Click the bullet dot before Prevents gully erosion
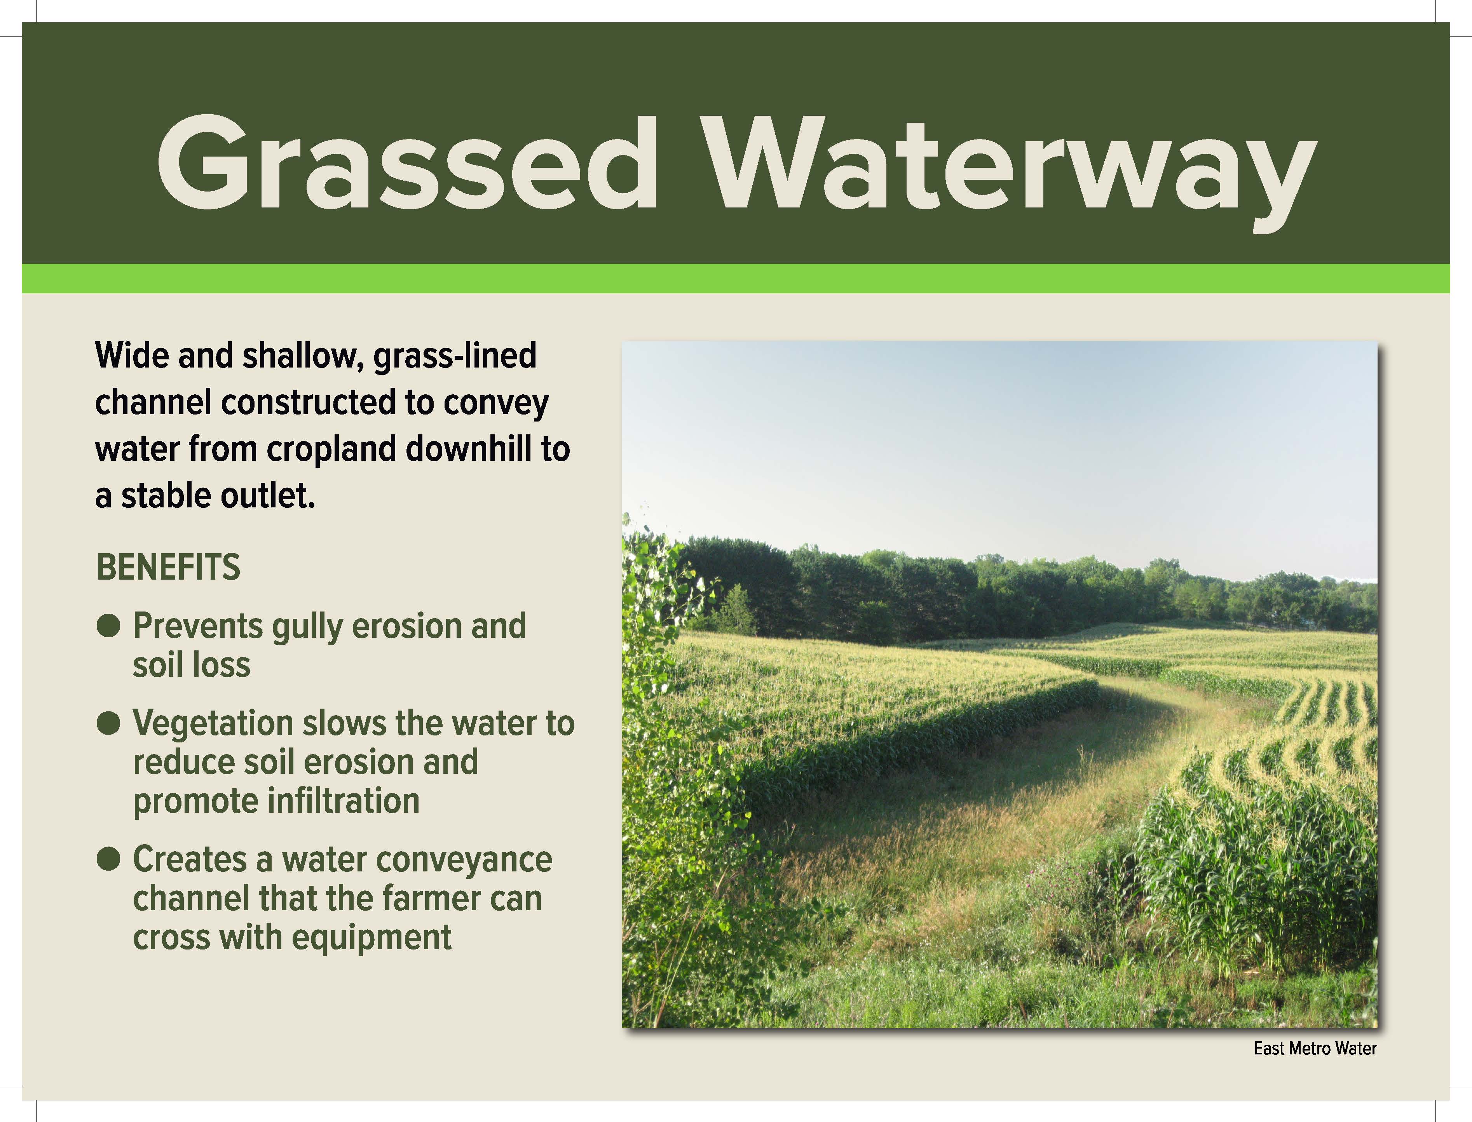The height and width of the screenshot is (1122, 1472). pos(108,626)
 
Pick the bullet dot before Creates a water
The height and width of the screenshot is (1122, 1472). pos(108,859)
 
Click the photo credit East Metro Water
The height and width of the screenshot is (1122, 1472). pos(1315,1049)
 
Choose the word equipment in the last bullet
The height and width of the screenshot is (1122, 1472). pos(371,938)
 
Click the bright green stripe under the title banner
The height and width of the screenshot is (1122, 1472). pos(736,279)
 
